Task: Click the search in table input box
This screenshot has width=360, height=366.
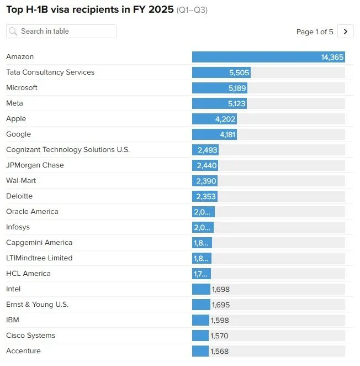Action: coord(66,32)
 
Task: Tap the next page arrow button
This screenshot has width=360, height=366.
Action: coord(346,32)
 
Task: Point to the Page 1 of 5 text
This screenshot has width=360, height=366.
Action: coord(315,32)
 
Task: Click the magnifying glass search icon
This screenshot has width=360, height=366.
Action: coord(13,32)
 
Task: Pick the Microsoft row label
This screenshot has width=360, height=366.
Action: coord(22,88)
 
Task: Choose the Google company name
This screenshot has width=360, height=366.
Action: coord(18,134)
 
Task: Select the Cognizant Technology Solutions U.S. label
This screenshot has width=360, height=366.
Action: coord(68,150)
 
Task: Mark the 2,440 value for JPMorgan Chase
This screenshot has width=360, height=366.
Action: coord(207,165)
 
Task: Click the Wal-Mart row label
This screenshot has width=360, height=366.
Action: coord(21,181)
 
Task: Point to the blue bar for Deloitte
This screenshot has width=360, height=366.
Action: coord(205,196)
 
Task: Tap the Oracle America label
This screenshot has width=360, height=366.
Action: coord(32,212)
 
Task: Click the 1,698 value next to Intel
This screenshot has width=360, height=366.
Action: coord(220,289)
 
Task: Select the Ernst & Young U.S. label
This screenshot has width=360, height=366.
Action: coord(38,305)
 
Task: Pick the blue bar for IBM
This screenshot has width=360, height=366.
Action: coord(200,320)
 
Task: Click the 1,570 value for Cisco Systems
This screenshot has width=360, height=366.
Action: coord(219,336)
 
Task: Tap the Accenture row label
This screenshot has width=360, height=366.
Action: coord(23,351)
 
